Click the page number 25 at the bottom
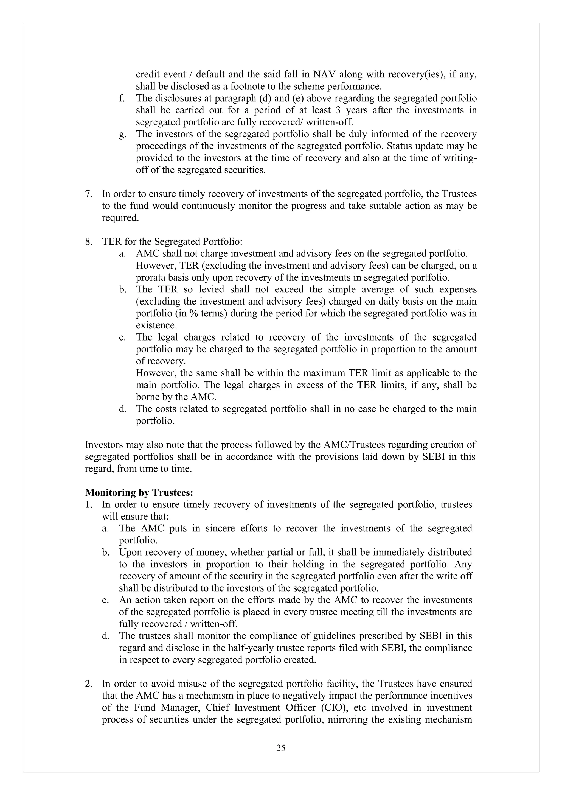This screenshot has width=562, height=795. [281, 748]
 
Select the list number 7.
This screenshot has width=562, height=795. [89, 194]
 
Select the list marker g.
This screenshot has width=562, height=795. [122, 134]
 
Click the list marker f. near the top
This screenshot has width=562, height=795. [122, 99]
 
